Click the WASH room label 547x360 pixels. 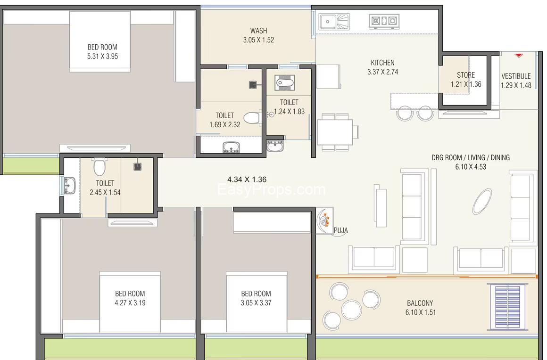[x=258, y=31]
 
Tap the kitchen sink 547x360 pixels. [x=334, y=22]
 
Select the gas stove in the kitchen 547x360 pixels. [x=384, y=21]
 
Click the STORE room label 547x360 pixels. [x=466, y=75]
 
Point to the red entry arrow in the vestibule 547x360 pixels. [x=518, y=55]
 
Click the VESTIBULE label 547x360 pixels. [x=516, y=76]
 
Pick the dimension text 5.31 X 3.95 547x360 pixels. [x=103, y=57]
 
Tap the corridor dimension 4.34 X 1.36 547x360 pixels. [x=247, y=180]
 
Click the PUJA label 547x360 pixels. [x=341, y=230]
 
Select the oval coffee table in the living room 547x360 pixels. [x=482, y=201]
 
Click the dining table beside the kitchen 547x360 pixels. [x=335, y=132]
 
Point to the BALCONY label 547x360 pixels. [x=420, y=303]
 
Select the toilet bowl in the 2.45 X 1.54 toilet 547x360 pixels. [x=99, y=167]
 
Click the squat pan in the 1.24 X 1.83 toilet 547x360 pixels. [x=285, y=83]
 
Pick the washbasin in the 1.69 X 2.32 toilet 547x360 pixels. [x=231, y=147]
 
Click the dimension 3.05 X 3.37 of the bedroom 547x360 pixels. [x=256, y=303]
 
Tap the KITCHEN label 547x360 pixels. [x=383, y=63]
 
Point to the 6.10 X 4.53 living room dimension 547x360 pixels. [x=471, y=167]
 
